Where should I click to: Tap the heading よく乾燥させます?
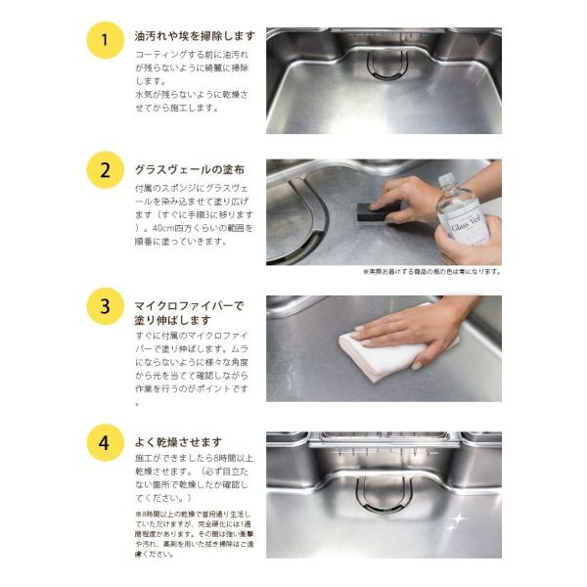point(178,441)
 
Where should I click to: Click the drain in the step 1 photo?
point(384,64)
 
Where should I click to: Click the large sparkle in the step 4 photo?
point(454,523)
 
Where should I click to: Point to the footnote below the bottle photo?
point(431,271)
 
